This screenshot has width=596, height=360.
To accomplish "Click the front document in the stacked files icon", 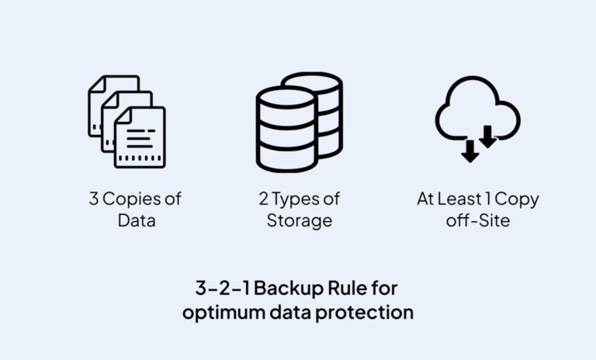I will [140, 138].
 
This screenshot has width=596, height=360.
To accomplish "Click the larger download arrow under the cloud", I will [470, 151].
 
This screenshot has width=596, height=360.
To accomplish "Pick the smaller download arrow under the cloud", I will [488, 137].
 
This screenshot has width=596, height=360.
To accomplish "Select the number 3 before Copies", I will [94, 199].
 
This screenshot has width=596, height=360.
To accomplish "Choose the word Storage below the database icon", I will [300, 221].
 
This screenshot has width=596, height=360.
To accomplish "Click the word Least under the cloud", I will [464, 199].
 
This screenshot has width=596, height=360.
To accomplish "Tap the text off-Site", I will [477, 221].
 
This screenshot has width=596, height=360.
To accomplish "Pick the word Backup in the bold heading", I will [286, 289].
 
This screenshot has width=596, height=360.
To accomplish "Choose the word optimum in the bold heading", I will [222, 313].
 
